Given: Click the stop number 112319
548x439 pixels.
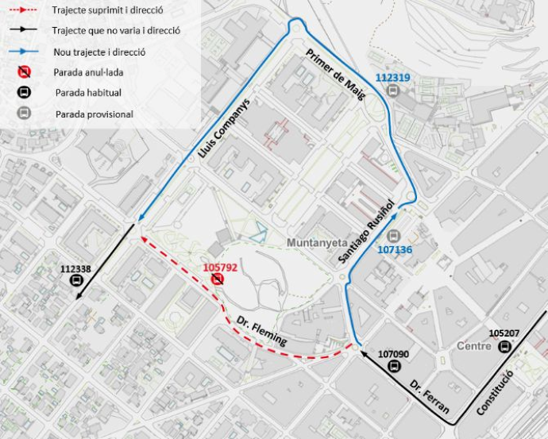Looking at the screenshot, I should (x=392, y=78).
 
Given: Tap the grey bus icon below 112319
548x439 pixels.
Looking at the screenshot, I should (x=392, y=90).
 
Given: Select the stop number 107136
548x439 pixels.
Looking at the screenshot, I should (x=394, y=249).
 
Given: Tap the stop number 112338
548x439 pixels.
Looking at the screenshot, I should (x=75, y=269).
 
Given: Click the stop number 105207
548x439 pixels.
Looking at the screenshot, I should (x=504, y=333).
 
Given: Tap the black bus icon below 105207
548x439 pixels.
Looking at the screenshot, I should (x=503, y=347).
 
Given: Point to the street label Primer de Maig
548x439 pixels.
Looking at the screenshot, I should (x=334, y=76).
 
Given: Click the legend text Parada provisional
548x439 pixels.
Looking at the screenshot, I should (x=94, y=114).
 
